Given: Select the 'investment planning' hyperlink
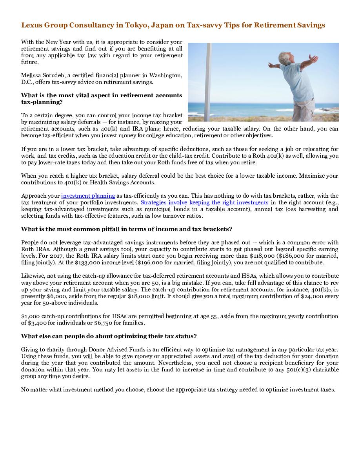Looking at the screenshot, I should point(88,196).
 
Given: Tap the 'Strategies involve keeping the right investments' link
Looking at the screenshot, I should point(204,202).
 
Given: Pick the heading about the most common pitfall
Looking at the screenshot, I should point(126,229).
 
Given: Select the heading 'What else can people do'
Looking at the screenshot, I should point(109,336).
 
